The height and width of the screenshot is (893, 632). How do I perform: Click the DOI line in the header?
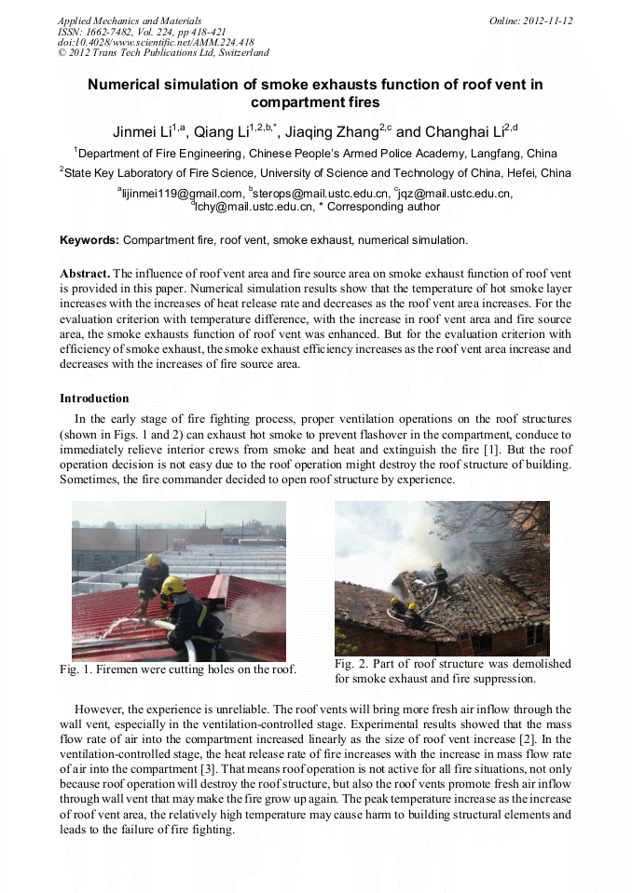156,42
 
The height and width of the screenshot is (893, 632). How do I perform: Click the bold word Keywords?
89,240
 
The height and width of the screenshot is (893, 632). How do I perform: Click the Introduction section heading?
94,399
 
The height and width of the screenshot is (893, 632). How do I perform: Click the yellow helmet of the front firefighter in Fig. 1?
172,585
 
